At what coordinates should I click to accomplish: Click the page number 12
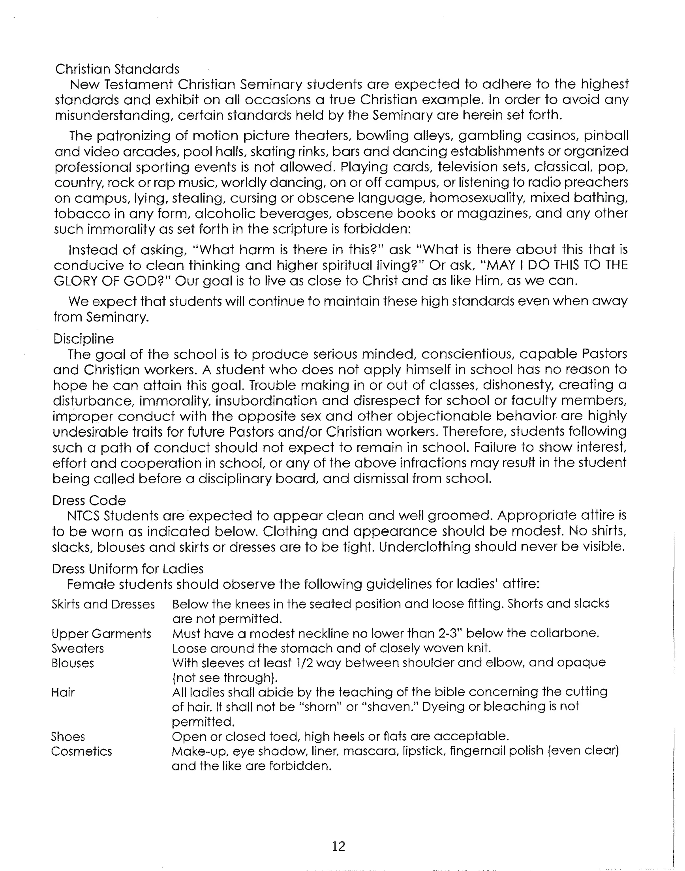pos(338,846)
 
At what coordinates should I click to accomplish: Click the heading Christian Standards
pos(117,69)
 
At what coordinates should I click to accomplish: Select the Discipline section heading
pos(83,339)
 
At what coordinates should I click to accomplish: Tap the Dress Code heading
pos(89,500)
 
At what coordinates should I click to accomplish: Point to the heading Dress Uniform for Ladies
pos(127,569)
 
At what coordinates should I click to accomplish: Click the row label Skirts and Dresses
pos(103,604)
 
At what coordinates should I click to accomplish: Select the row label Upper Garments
pos(101,634)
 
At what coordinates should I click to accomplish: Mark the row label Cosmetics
pos(81,751)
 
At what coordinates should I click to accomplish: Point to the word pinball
pos(606,136)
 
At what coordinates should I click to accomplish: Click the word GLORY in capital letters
pos(75,281)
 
